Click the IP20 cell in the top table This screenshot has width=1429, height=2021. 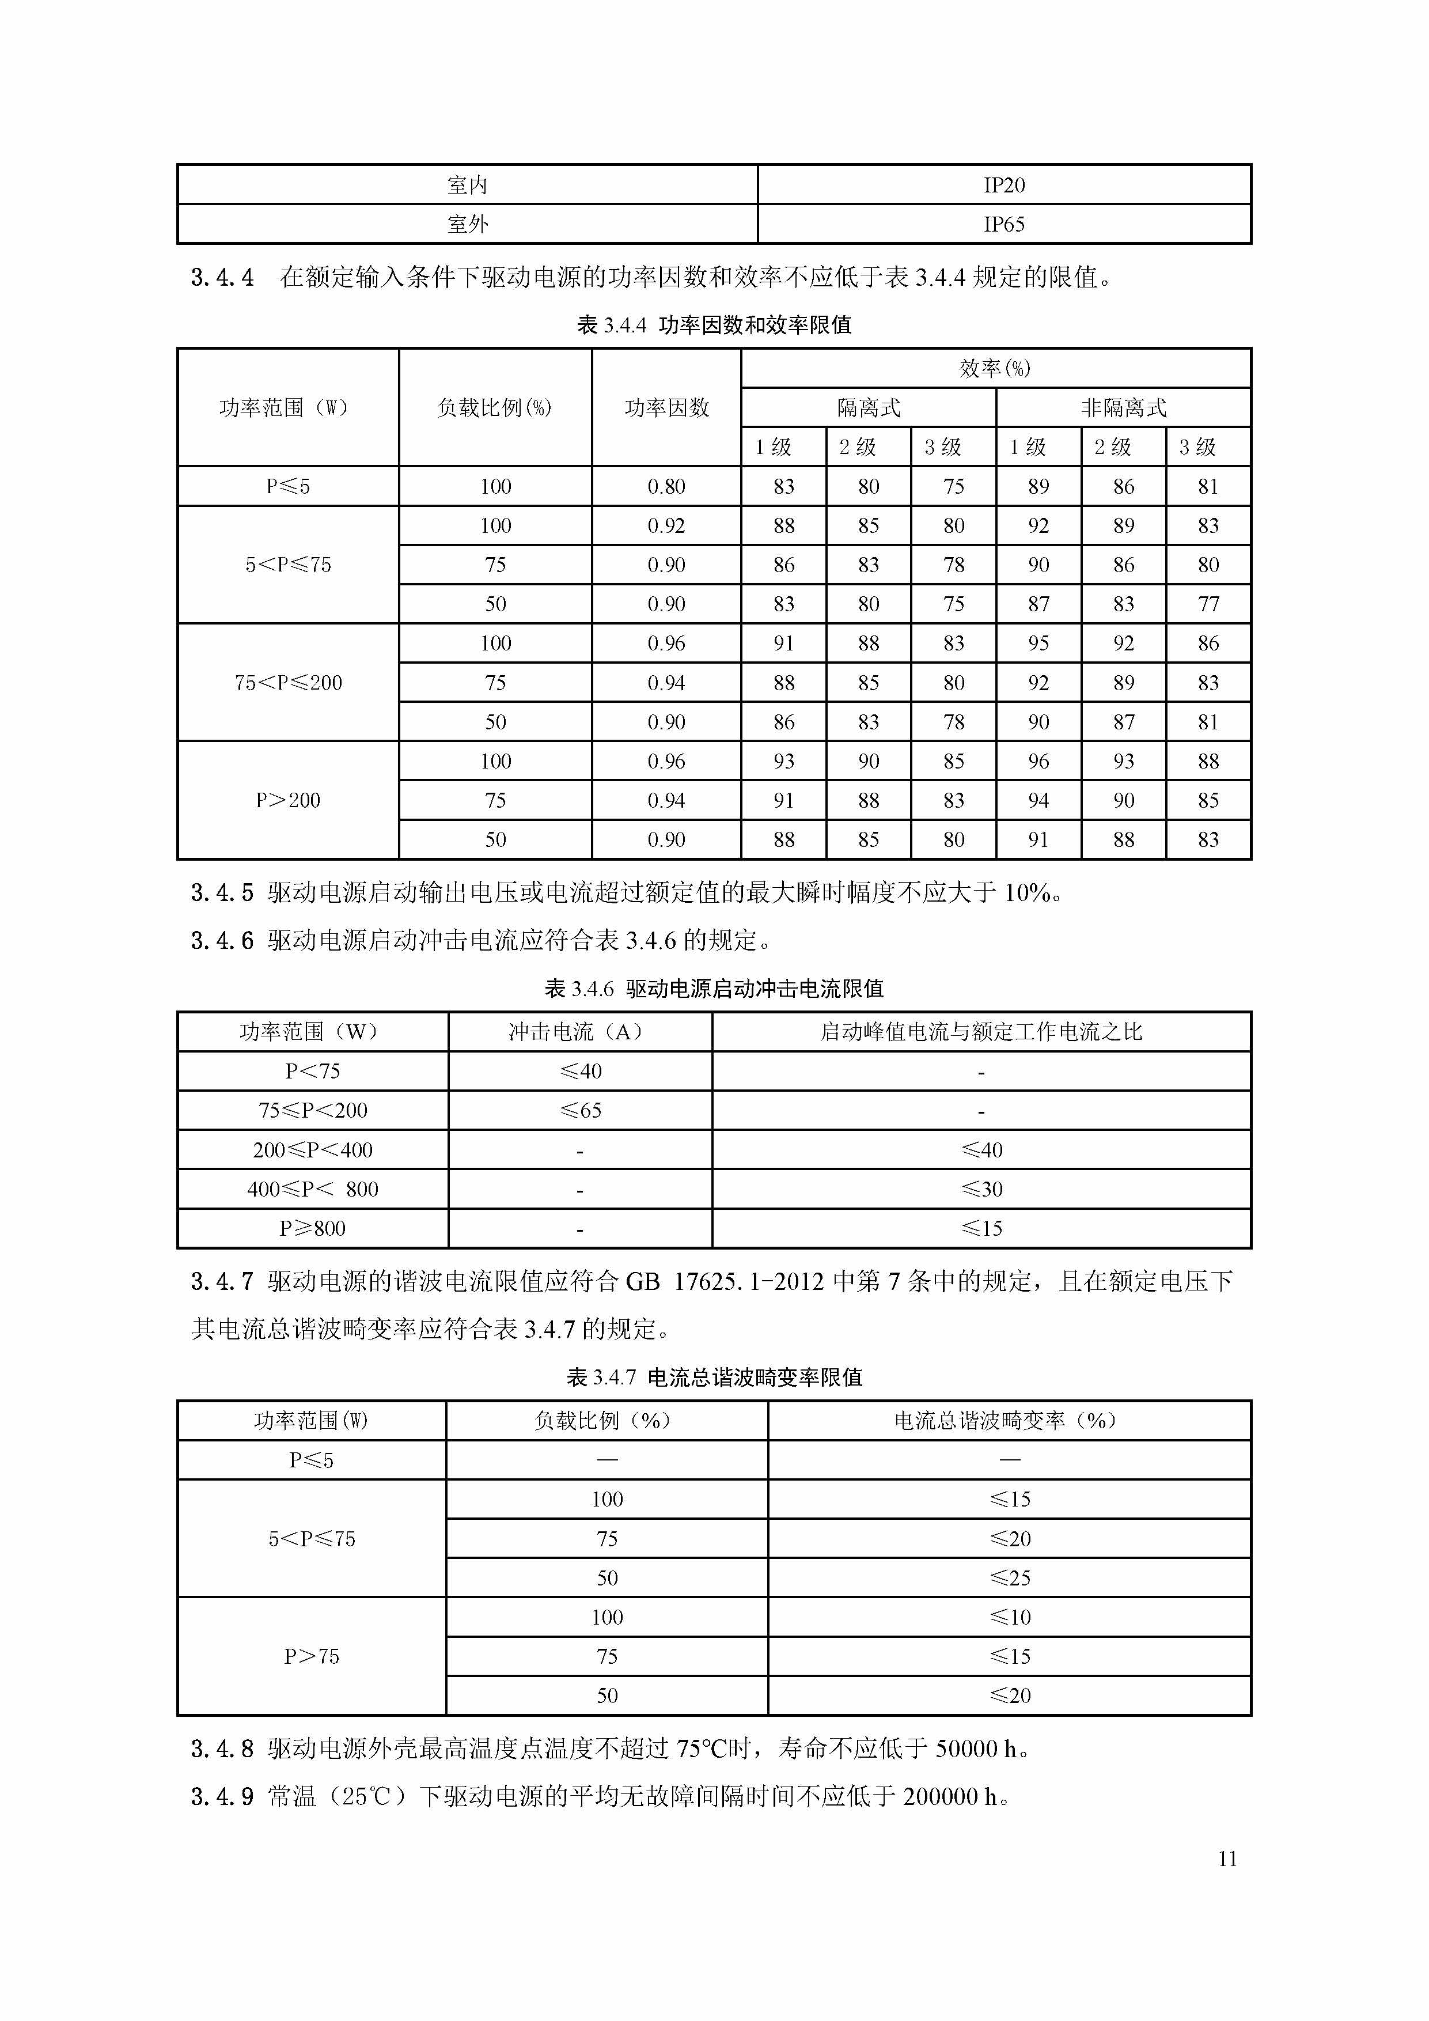1004,185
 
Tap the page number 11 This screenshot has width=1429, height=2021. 1227,1858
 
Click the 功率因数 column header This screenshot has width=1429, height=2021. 666,407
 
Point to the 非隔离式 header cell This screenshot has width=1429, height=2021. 1123,407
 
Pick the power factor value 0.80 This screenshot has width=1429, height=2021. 666,486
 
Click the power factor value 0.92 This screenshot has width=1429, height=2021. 666,525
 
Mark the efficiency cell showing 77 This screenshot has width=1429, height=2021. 1208,604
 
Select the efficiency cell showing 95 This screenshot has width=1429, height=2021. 1038,644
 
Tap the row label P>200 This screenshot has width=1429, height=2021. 288,800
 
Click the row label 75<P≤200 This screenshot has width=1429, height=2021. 288,682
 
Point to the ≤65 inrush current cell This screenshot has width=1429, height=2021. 581,1111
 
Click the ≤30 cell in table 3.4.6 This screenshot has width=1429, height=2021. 981,1189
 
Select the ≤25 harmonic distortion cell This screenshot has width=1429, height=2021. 1009,1578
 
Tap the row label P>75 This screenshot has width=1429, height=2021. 312,1656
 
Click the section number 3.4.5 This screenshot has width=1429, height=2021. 222,892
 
